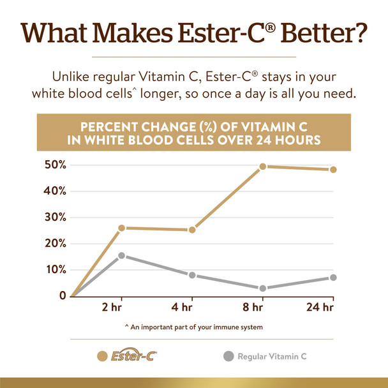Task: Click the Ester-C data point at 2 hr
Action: click(121, 228)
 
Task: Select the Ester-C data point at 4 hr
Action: click(192, 230)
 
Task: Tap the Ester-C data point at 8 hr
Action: click(262, 167)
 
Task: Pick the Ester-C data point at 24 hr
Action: click(333, 170)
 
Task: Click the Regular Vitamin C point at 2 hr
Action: click(121, 256)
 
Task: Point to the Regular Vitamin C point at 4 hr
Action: click(192, 275)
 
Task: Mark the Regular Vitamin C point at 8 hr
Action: click(262, 288)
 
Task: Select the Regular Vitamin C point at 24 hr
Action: click(333, 278)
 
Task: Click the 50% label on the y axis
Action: click(54, 165)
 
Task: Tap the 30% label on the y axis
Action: click(54, 217)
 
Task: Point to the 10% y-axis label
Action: click(54, 269)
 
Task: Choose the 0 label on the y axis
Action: click(63, 295)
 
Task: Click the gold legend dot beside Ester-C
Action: click(101, 356)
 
